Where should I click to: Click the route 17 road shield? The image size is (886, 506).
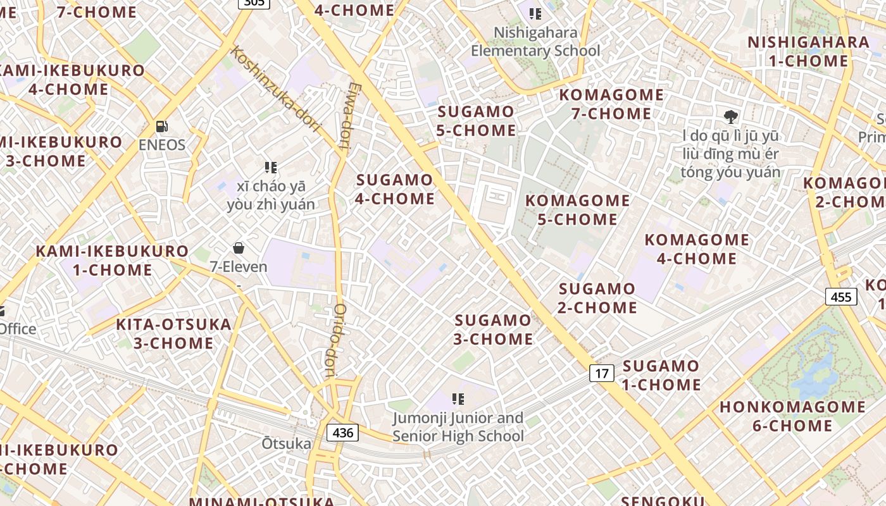602,373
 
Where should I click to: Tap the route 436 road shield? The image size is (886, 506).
342,433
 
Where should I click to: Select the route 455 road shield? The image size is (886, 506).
841,297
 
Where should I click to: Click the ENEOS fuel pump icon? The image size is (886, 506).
162,126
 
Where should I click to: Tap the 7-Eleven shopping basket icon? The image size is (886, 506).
239,248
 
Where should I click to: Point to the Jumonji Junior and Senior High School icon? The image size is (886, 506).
458,399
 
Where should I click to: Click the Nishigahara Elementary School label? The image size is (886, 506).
535,42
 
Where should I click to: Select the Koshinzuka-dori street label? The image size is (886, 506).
276,89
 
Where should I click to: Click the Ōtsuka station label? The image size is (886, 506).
287,443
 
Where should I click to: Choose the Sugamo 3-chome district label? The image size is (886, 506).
494,330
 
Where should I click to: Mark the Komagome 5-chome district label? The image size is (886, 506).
578,210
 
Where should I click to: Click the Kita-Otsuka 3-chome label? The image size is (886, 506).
173,334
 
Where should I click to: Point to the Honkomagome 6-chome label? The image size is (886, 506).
792,416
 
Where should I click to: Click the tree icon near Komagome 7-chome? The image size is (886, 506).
731,116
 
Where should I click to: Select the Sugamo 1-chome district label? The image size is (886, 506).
661,375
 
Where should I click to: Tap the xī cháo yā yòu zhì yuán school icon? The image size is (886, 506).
271,168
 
